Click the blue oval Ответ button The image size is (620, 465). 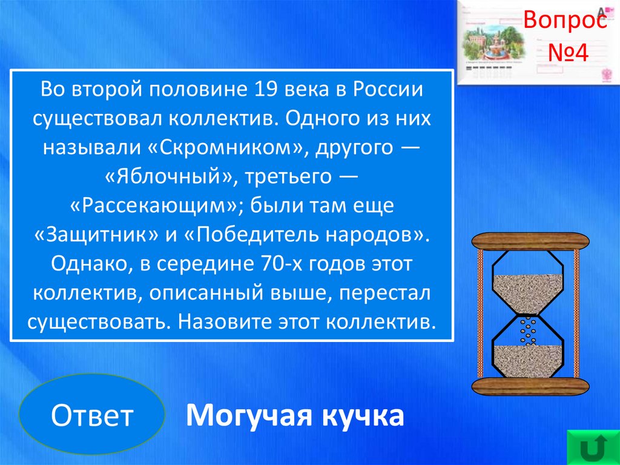click(92, 414)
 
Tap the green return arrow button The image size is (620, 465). click(593, 447)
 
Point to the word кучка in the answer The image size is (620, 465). click(362, 415)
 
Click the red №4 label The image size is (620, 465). click(568, 53)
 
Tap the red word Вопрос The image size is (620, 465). click(565, 20)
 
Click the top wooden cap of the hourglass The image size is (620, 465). click(530, 241)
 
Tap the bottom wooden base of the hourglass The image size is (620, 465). click(530, 387)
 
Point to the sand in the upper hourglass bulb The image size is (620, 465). click(527, 293)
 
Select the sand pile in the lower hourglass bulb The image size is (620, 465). click(527, 361)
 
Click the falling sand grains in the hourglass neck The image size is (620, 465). click(527, 330)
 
